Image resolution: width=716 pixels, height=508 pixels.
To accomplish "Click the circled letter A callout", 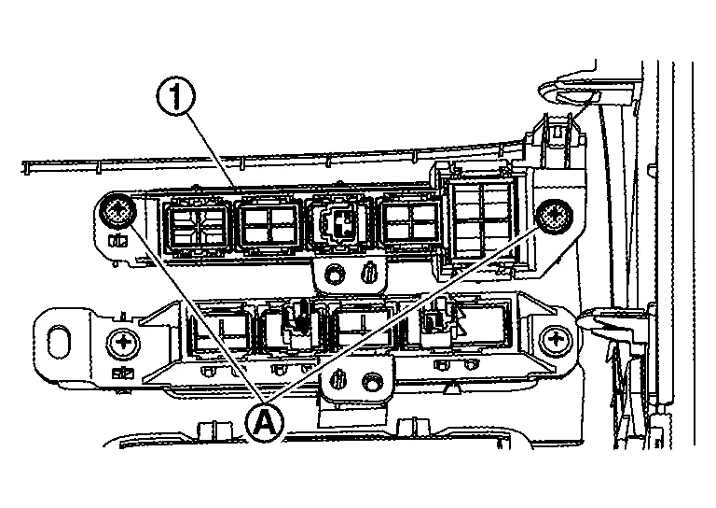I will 264,422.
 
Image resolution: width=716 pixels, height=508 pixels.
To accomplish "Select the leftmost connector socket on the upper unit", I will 197,226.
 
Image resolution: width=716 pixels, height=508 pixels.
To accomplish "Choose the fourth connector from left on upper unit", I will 410,225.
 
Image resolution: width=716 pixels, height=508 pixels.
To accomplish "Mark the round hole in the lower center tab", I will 372,380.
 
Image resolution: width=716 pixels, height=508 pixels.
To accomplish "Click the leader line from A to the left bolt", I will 191,314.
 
